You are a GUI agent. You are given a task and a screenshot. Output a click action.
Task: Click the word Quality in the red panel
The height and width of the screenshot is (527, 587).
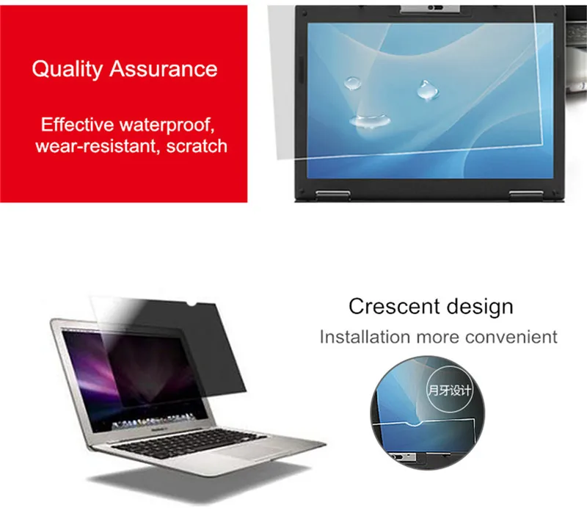[x=68, y=70]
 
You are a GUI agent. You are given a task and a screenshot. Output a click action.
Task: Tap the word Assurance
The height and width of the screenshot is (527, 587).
[x=164, y=70]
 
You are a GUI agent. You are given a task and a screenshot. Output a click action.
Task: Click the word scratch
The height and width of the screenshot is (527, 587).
[x=197, y=146]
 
